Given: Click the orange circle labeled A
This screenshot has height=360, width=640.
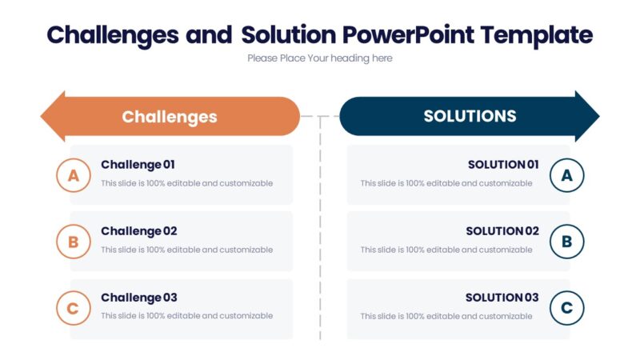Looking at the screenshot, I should (74, 175).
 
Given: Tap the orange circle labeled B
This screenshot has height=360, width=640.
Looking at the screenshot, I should (74, 242).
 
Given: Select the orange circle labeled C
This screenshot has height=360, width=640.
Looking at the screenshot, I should (74, 308).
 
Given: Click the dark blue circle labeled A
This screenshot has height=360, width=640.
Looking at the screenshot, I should (567, 175).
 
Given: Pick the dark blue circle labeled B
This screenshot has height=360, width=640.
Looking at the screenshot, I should (567, 242).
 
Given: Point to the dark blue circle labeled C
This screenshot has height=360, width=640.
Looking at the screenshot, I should (567, 308).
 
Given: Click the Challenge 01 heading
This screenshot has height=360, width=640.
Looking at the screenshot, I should (138, 165).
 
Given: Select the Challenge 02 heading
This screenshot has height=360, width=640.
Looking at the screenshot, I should (138, 231).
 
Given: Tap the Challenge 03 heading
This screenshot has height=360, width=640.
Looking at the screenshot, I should (138, 298).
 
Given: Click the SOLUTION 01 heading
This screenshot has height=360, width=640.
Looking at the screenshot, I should (503, 165).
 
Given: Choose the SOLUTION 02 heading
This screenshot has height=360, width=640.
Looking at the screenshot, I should (502, 231).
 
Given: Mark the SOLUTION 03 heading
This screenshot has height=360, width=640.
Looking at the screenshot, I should (502, 298).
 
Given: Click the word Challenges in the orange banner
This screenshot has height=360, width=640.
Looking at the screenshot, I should (170, 117).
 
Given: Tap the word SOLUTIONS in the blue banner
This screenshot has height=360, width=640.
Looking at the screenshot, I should (470, 116).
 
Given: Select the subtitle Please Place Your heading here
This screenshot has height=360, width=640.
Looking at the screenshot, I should (320, 58).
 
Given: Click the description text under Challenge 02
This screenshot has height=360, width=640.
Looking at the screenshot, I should (186, 250).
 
